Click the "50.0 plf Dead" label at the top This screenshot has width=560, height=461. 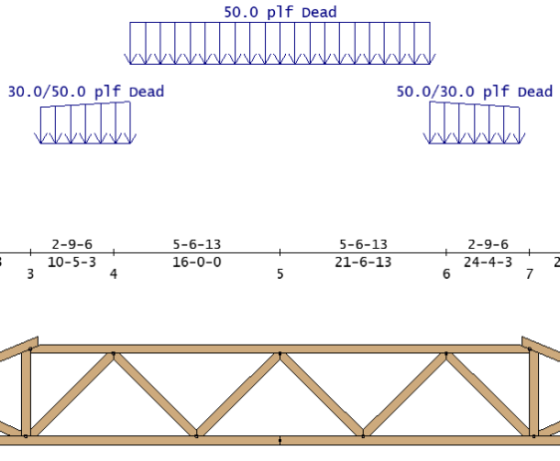point(280,12)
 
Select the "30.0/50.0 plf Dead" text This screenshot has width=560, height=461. point(86,92)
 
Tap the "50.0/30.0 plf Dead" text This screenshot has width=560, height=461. point(474,92)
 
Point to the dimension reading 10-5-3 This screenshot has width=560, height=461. point(72,262)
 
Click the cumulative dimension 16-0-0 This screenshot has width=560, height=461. point(196,262)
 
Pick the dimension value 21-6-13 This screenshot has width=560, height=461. point(363,262)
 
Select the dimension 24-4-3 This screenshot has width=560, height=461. point(488,262)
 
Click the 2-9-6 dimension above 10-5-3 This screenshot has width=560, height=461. point(72,244)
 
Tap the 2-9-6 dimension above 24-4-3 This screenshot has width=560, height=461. point(488,244)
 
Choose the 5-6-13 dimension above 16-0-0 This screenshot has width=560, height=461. point(196,244)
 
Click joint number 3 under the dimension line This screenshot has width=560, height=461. point(30,274)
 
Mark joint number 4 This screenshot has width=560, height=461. point(114,274)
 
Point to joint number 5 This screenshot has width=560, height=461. point(280,274)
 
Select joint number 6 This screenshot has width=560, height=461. point(446,274)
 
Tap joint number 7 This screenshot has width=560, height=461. point(529,274)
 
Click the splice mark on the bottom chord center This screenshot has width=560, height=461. point(280,440)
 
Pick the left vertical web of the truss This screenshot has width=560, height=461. point(26,392)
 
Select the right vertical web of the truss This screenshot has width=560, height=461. point(534,392)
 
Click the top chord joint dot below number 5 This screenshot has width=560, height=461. point(280,353)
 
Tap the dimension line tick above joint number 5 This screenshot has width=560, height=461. point(280,253)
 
